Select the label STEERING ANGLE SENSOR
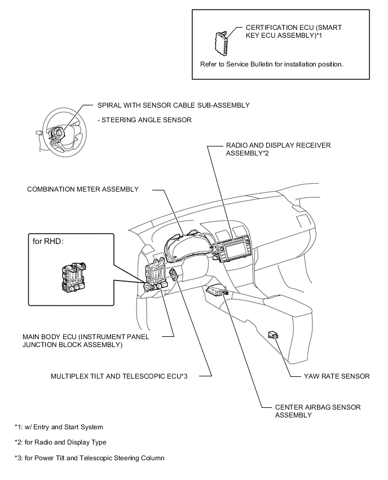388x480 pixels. click(144, 119)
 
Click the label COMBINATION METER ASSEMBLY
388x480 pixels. click(83, 189)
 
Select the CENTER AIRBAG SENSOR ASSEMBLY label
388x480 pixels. click(318, 411)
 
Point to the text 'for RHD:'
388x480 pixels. click(49, 242)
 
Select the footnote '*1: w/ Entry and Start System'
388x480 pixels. click(59, 427)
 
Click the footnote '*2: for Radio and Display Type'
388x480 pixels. click(60, 442)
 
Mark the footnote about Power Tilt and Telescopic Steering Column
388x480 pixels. click(90, 457)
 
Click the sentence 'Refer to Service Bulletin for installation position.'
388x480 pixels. click(272, 64)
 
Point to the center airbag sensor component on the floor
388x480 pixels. click(218, 291)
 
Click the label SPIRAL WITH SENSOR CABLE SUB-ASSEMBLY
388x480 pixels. click(173, 105)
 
